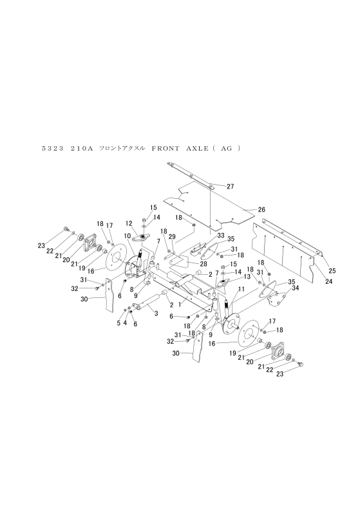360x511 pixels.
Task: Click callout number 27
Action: [231, 187]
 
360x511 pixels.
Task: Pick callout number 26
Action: [262, 210]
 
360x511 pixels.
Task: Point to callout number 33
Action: [221, 237]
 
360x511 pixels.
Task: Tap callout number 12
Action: [129, 223]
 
